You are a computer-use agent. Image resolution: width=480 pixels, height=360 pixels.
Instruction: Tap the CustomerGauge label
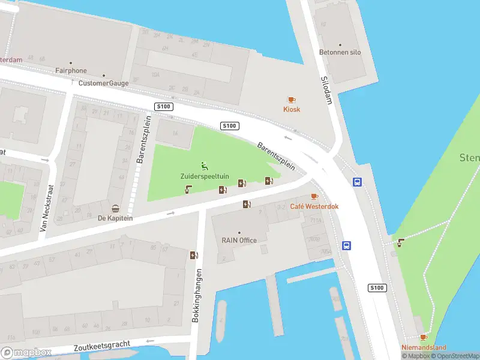[x=103, y=83]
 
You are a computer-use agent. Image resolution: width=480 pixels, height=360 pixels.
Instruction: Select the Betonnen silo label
[x=340, y=52]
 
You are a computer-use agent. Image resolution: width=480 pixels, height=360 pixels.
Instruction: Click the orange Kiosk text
[x=292, y=109]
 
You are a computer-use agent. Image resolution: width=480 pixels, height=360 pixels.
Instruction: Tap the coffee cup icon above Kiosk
[x=292, y=100]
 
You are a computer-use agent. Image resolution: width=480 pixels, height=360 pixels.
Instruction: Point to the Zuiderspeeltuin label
[x=205, y=176]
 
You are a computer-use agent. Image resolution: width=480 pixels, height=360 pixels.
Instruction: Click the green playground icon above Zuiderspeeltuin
[x=205, y=166]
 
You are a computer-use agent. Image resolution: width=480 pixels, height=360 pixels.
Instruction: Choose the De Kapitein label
[x=115, y=218]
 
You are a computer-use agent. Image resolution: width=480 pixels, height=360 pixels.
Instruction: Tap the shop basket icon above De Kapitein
[x=115, y=208]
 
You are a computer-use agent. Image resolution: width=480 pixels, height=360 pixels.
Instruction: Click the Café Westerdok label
[x=314, y=206]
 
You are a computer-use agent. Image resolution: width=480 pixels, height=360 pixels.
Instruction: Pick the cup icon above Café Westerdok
[x=314, y=197]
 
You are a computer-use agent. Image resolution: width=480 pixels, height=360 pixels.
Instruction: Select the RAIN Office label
[x=239, y=241]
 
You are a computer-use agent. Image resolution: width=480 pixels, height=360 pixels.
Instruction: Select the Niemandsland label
[x=424, y=347]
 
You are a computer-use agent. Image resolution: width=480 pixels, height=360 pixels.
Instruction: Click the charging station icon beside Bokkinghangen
[x=193, y=255]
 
